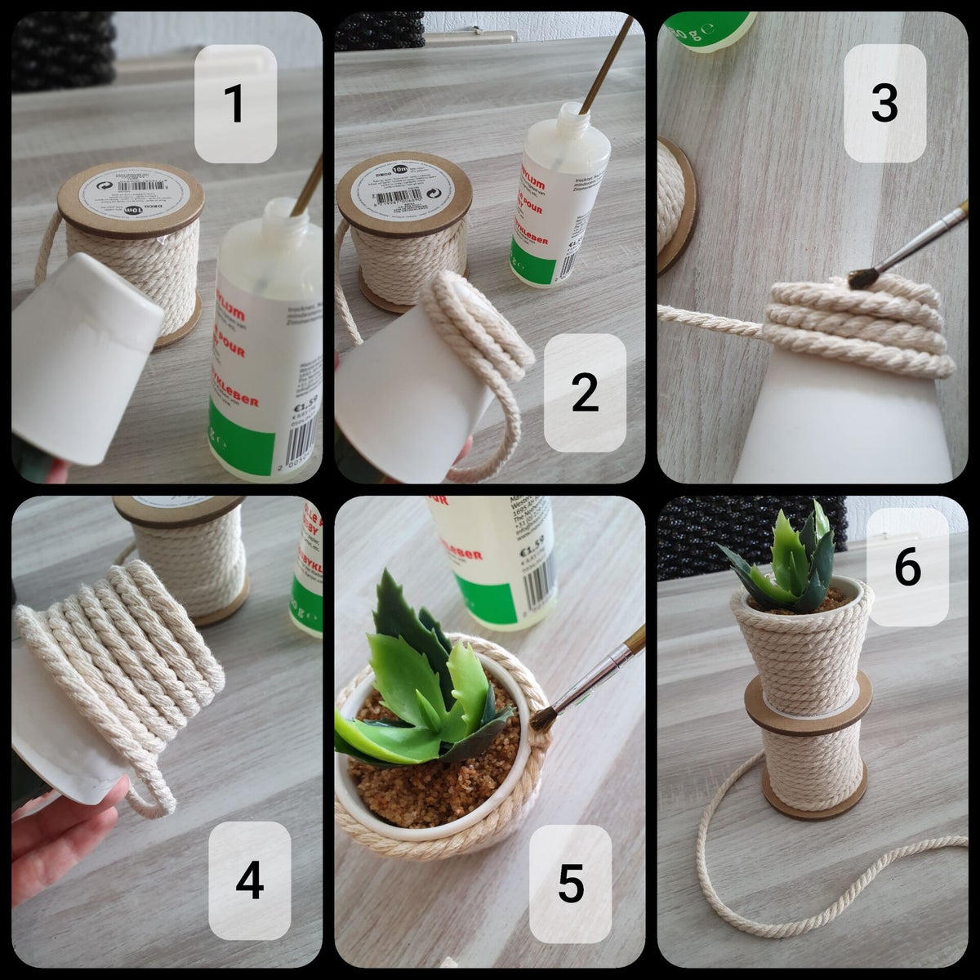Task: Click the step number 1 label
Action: [x=234, y=104]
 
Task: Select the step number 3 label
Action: [x=884, y=103]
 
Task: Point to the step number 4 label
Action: [x=249, y=879]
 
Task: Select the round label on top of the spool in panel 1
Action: [x=131, y=192]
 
